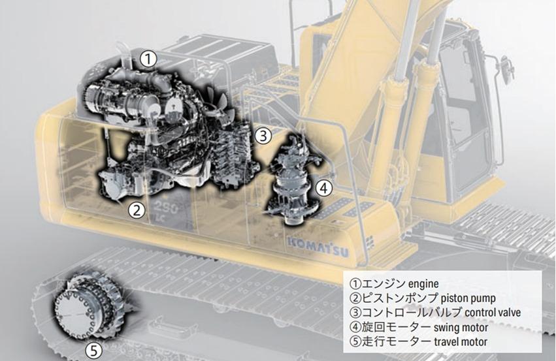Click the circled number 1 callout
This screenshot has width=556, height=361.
tap(148, 59)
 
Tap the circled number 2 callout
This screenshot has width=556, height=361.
tap(137, 210)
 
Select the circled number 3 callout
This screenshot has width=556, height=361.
tap(263, 135)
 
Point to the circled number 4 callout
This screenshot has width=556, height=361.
tap(324, 188)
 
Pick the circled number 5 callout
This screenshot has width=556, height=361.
tap(93, 351)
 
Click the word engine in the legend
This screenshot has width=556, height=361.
tap(423, 284)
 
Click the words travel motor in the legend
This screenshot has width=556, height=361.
tap(461, 341)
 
